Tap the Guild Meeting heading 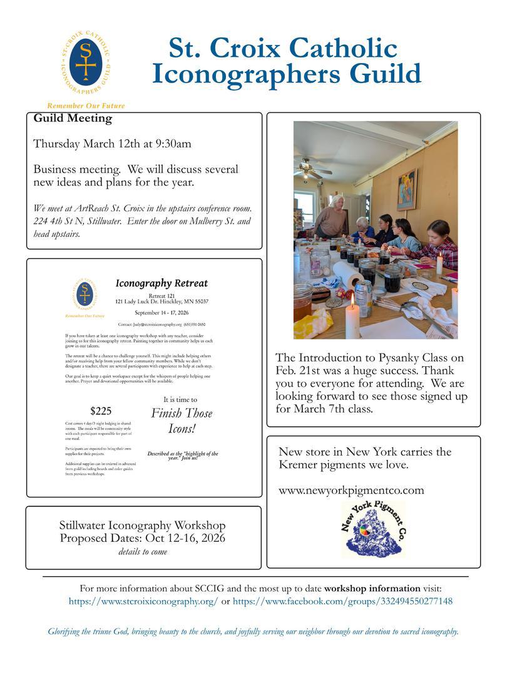[73, 118]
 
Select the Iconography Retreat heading [161, 283]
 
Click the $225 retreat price [101, 411]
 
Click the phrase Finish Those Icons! [182, 421]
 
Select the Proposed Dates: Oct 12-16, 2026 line [143, 538]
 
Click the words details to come [143, 551]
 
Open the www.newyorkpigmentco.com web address [351, 490]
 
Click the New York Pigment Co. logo [374, 529]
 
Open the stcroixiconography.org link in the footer [143, 601]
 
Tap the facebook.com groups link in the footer [342, 601]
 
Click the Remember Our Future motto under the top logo [86, 106]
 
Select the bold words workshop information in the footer [372, 588]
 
